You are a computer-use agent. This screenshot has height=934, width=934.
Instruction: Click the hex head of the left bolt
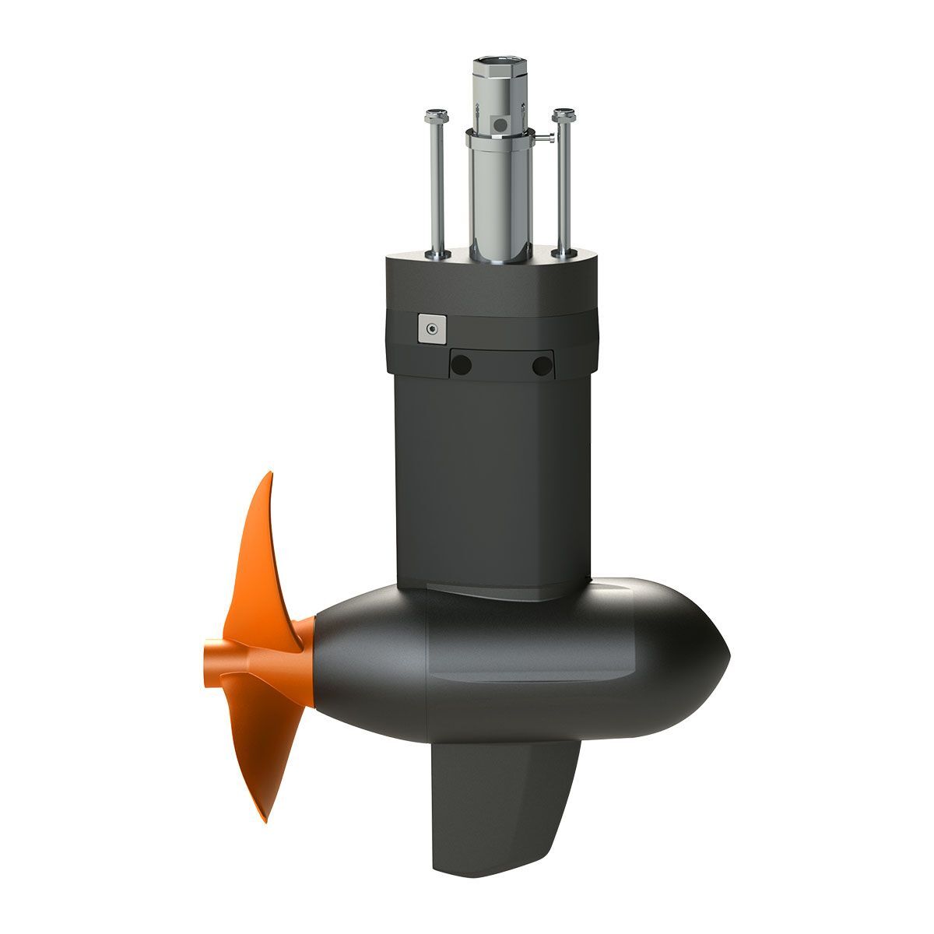pos(433,118)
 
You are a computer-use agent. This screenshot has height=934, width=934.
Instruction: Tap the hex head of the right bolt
pos(562,117)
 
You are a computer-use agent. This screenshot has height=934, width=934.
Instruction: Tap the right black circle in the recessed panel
pos(541,364)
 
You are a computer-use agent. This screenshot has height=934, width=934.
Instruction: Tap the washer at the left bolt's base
pos(437,253)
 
